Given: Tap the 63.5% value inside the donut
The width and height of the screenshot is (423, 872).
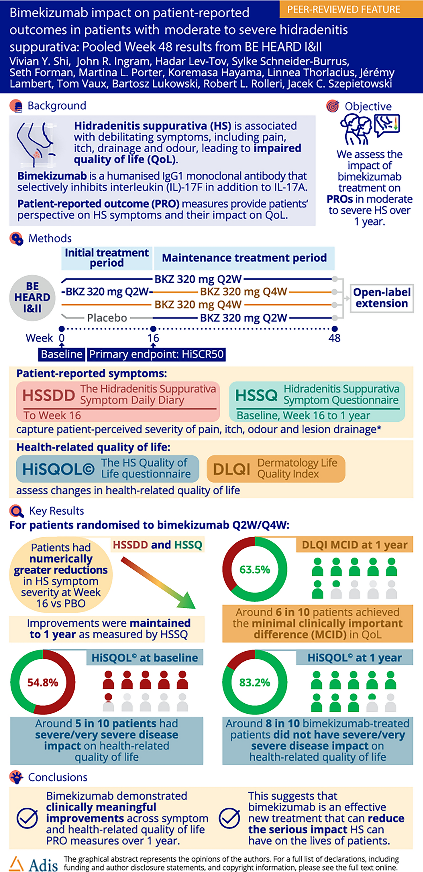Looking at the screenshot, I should [255, 569].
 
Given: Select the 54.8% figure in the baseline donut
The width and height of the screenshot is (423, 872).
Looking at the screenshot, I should [43, 682].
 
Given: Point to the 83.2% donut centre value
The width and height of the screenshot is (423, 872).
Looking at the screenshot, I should [255, 682].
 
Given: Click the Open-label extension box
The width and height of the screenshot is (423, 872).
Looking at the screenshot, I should [382, 298].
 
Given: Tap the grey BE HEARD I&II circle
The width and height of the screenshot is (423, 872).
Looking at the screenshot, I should [32, 297].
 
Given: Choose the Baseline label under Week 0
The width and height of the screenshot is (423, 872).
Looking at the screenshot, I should [62, 354].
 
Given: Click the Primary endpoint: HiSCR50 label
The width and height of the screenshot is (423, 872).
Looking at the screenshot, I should [156, 354].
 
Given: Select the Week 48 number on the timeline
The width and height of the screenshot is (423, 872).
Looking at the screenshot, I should [334, 338].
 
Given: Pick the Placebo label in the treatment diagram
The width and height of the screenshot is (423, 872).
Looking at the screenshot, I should [107, 318].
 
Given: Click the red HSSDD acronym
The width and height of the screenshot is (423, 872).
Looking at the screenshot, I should [49, 395].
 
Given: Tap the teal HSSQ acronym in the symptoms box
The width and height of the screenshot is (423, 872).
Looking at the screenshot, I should [257, 395].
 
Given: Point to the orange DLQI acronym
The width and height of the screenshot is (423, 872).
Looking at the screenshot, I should [232, 469].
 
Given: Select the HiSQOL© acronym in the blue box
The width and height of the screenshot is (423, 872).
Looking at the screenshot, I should [58, 469].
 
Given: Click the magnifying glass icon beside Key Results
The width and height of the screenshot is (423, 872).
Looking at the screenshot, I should [16, 511].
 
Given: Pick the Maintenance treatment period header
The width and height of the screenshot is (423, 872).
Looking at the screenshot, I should [244, 258].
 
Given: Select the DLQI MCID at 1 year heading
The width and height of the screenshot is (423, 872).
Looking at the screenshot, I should [354, 545].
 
